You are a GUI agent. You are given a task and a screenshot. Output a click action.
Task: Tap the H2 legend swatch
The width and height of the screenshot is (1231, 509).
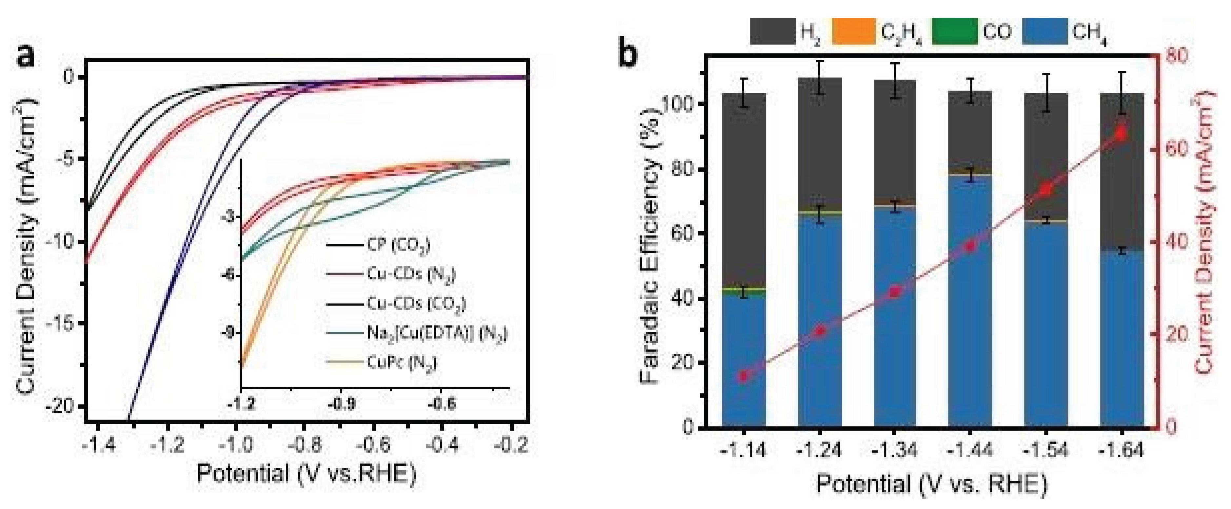772,31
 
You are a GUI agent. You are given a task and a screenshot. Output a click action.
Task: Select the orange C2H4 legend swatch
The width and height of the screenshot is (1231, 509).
853,31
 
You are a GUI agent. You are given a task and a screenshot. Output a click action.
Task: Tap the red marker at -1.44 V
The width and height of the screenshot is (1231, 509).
970,246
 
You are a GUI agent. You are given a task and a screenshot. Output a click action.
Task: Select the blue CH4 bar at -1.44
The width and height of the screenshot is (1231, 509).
970,301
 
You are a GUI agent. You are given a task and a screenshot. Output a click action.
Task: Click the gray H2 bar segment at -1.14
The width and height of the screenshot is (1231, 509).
744,191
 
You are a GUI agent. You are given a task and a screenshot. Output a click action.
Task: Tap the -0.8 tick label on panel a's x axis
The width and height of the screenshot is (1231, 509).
307,445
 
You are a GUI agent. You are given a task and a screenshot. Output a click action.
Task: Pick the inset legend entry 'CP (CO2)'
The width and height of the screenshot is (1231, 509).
398,245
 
